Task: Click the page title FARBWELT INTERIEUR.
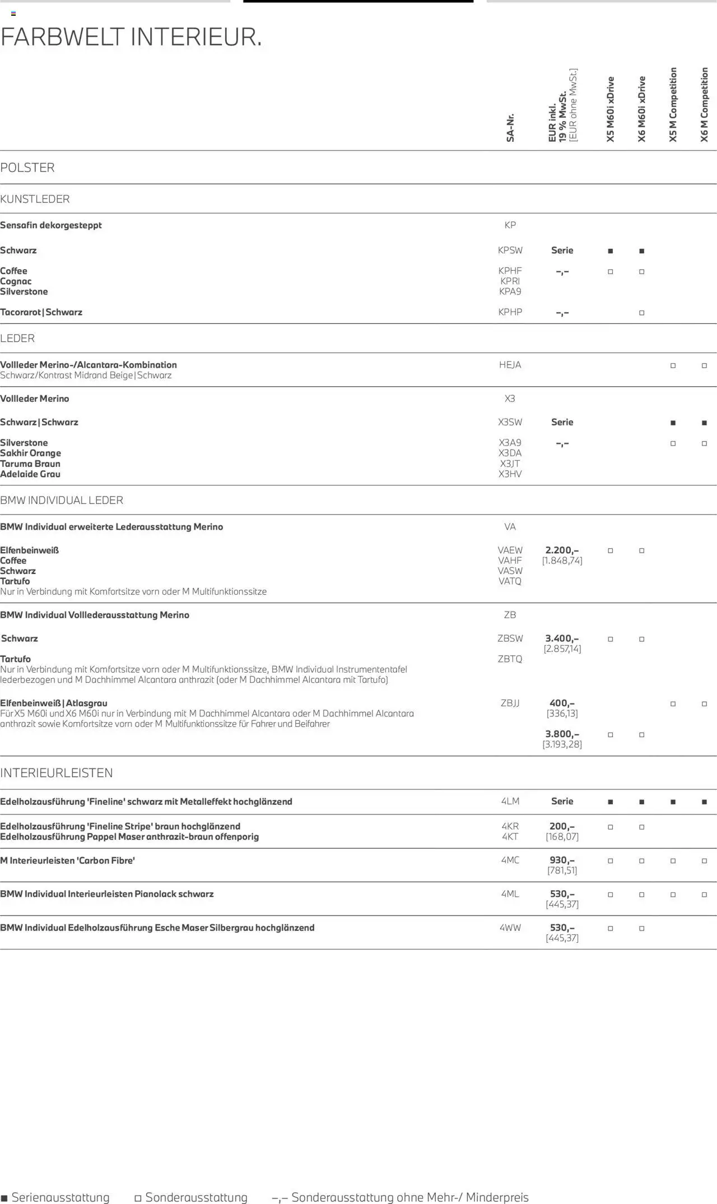tap(131, 38)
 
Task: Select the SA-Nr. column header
tap(510, 128)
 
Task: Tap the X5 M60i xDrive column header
tap(611, 109)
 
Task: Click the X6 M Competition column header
tap(704, 105)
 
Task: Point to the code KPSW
tap(510, 251)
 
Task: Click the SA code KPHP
tap(510, 312)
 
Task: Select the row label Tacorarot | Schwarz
tap(41, 312)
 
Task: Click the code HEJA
tap(510, 365)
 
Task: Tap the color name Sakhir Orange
tap(31, 453)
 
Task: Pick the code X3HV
tap(510, 474)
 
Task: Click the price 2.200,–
tap(562, 550)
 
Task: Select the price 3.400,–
tap(562, 638)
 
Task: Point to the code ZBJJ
tap(510, 703)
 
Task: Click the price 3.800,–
tap(562, 734)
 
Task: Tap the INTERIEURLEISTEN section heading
tap(57, 773)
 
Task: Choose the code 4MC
tap(510, 860)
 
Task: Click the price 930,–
tap(562, 860)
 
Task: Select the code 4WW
tap(510, 928)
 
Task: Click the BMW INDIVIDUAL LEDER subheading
tap(62, 500)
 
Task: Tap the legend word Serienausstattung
tap(60, 1197)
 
